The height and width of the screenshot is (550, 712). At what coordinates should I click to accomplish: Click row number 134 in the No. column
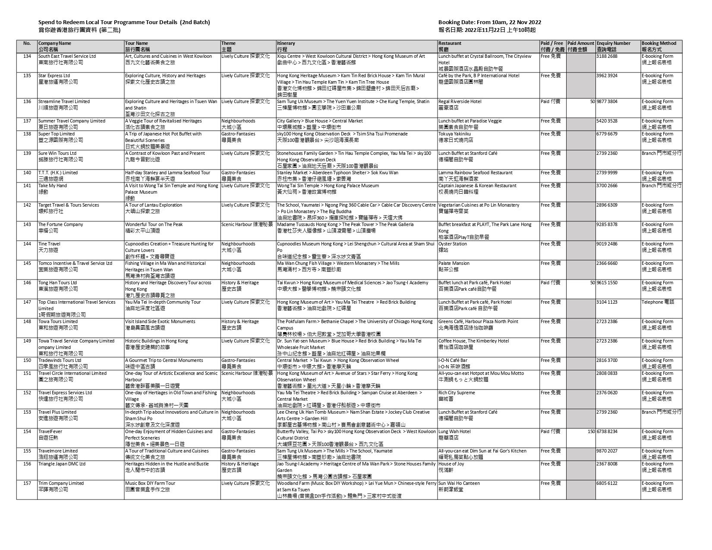(x=27, y=57)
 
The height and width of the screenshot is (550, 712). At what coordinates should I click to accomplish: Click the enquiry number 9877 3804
(x=607, y=102)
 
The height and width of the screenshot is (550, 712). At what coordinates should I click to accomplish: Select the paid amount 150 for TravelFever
(x=590, y=432)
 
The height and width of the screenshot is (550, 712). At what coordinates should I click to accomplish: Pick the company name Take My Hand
(x=53, y=186)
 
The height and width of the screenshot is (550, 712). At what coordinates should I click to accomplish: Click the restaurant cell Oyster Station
(x=453, y=244)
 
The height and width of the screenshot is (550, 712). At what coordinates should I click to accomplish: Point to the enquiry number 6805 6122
(x=607, y=484)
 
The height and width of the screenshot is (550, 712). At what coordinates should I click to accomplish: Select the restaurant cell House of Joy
(x=451, y=464)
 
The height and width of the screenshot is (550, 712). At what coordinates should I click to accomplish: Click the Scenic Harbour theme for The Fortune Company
(x=247, y=225)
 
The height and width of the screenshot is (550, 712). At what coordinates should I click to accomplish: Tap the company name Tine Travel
(x=49, y=244)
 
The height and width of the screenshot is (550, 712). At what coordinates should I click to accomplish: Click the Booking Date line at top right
(x=490, y=22)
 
